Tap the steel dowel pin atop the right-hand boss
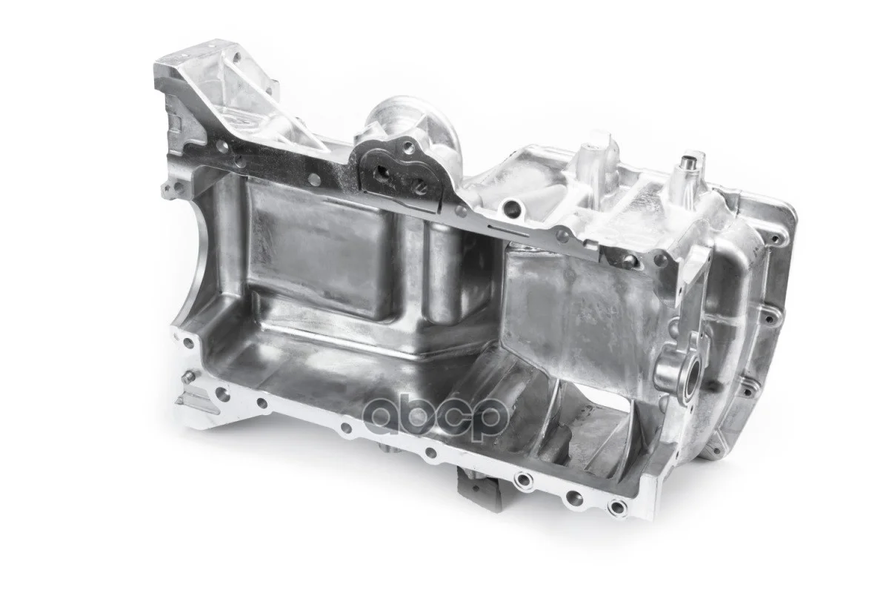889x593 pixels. (x=686, y=163)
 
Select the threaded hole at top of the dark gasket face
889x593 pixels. (x=406, y=149)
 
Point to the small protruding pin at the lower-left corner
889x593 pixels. (x=190, y=374)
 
